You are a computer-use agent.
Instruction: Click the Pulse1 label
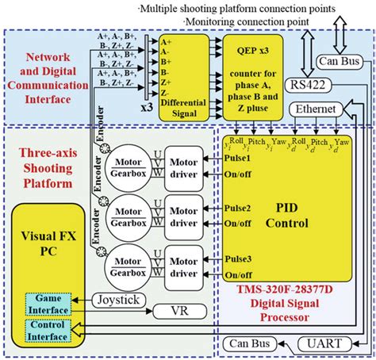point(238,159)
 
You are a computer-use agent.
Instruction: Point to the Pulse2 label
point(238,209)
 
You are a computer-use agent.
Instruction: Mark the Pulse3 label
point(238,258)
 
